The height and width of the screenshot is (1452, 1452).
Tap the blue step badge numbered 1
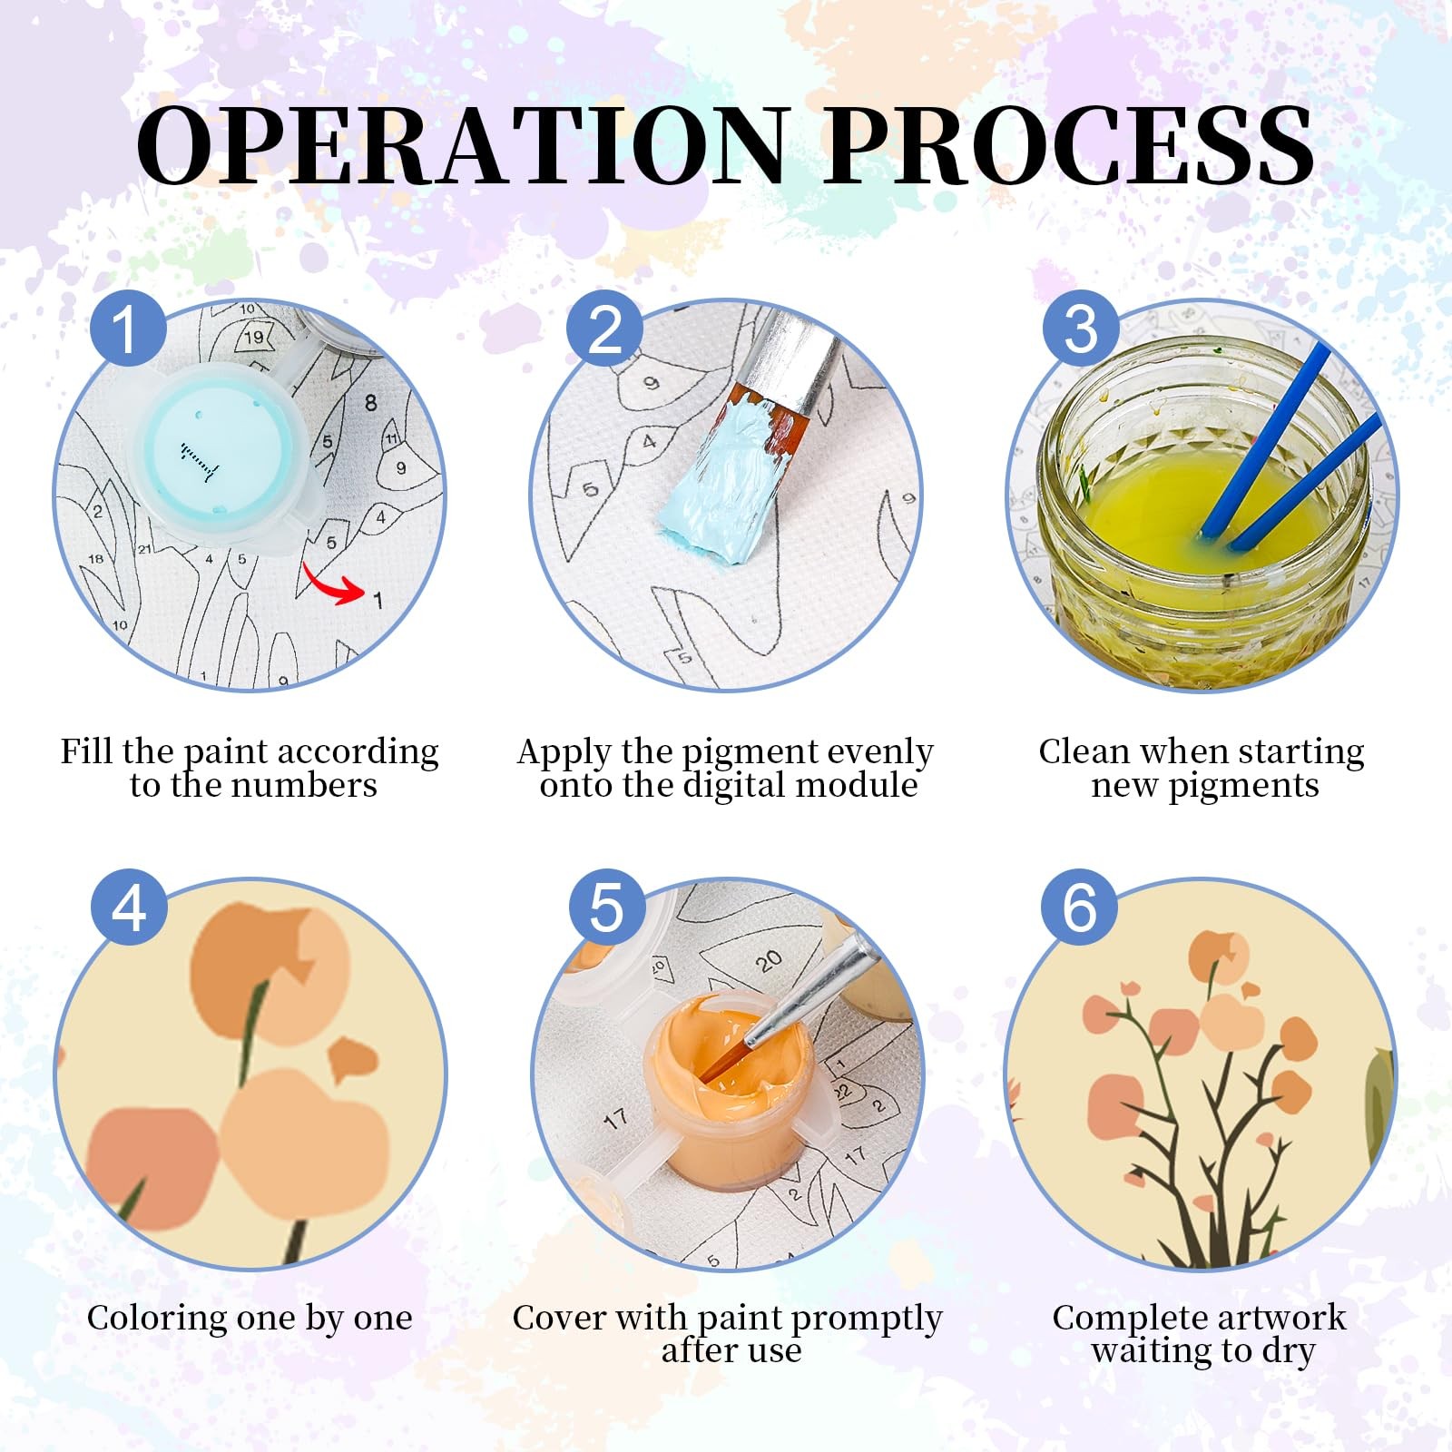(x=128, y=328)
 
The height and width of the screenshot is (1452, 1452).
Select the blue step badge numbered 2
(x=605, y=328)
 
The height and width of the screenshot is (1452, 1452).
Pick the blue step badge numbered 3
(x=1080, y=328)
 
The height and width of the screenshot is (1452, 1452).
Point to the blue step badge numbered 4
(x=129, y=907)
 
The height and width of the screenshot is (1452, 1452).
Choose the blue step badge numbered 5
(x=606, y=907)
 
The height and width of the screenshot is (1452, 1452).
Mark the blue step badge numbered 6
(x=1080, y=907)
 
